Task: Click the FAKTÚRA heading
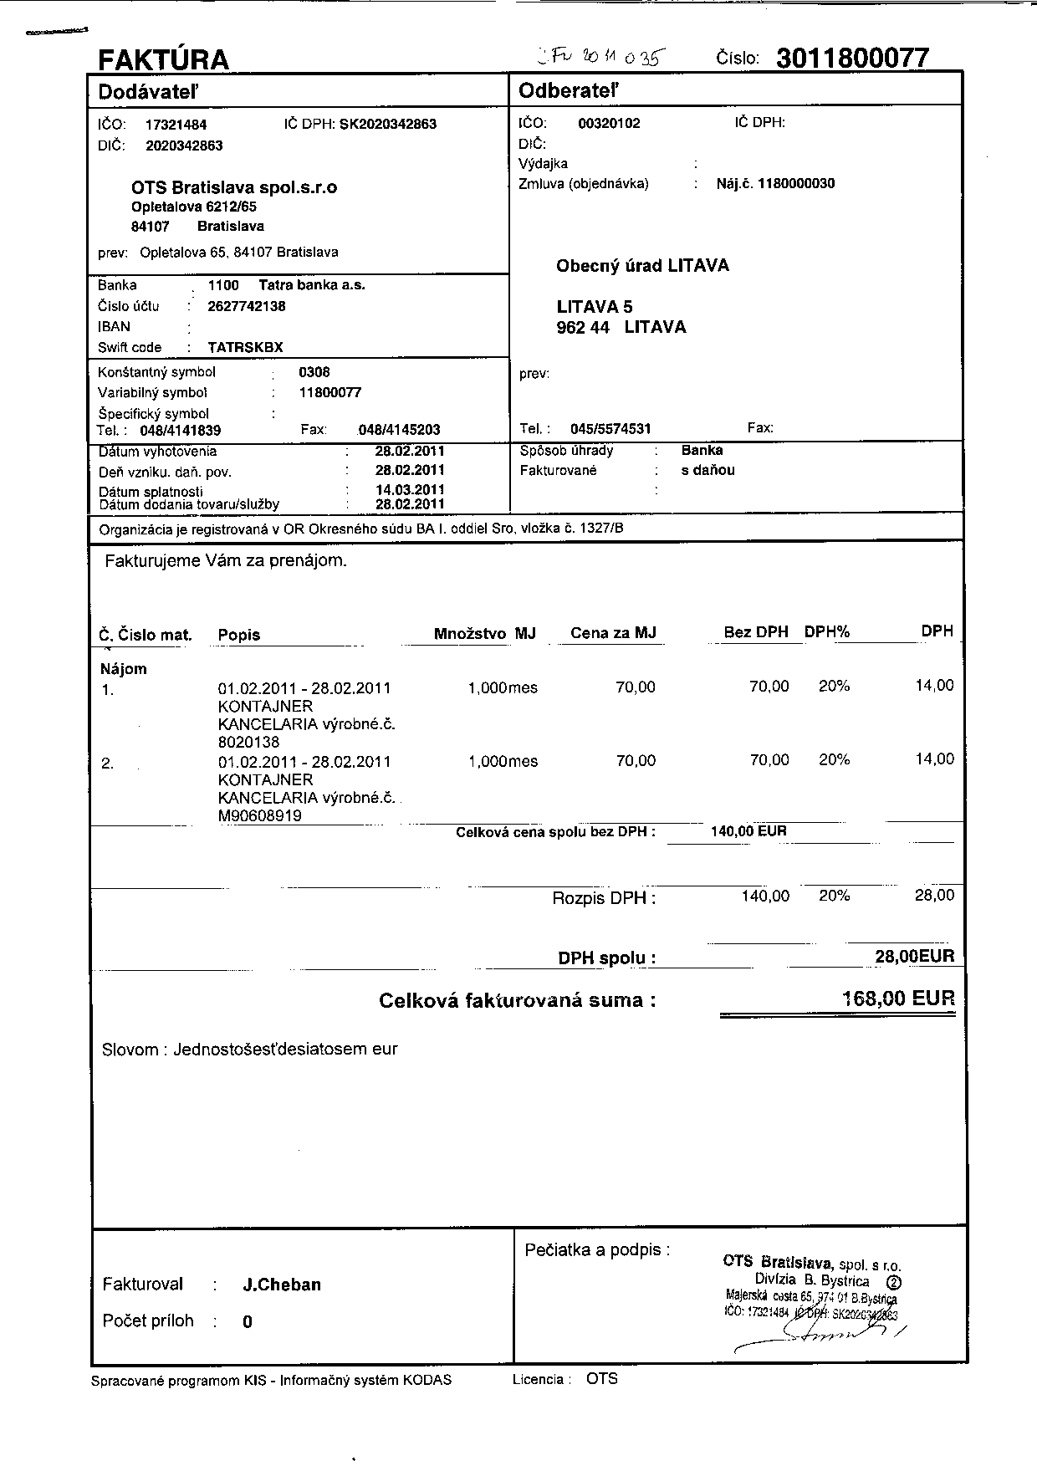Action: click(x=164, y=60)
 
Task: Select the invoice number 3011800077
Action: click(x=852, y=58)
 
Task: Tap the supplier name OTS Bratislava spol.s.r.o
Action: click(x=234, y=187)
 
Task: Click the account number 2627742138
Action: click(x=247, y=306)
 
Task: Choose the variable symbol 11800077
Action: click(x=329, y=392)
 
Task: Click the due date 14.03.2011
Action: click(x=410, y=489)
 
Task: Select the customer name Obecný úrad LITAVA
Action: click(x=642, y=266)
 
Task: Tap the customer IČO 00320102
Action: click(x=609, y=124)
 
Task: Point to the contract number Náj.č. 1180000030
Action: click(x=775, y=184)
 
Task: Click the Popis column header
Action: click(x=239, y=635)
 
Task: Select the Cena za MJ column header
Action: click(x=613, y=633)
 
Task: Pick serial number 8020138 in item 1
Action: click(x=248, y=742)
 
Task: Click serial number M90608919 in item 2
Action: click(x=260, y=815)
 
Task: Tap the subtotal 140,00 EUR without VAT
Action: click(x=748, y=831)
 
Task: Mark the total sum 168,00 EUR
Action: click(x=898, y=999)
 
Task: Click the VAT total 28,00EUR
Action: click(x=914, y=957)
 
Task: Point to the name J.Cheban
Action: click(x=282, y=1285)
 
